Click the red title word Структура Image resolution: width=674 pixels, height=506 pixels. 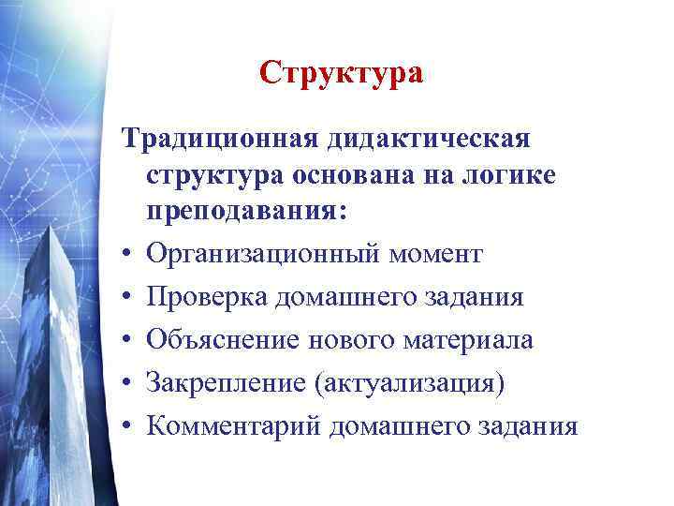342,73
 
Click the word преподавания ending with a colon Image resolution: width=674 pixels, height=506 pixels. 246,214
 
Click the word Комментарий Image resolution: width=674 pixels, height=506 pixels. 232,425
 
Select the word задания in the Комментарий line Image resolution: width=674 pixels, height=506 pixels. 526,425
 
